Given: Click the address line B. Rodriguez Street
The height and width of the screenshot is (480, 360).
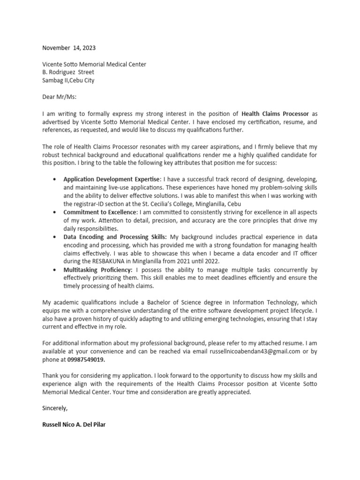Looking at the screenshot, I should click(x=68, y=72).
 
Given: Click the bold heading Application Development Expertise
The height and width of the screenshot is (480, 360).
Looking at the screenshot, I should click(x=111, y=180).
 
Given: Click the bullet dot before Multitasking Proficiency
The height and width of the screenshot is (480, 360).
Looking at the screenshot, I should click(x=55, y=270).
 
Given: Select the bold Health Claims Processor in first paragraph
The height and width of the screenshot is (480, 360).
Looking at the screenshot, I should click(x=275, y=113).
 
